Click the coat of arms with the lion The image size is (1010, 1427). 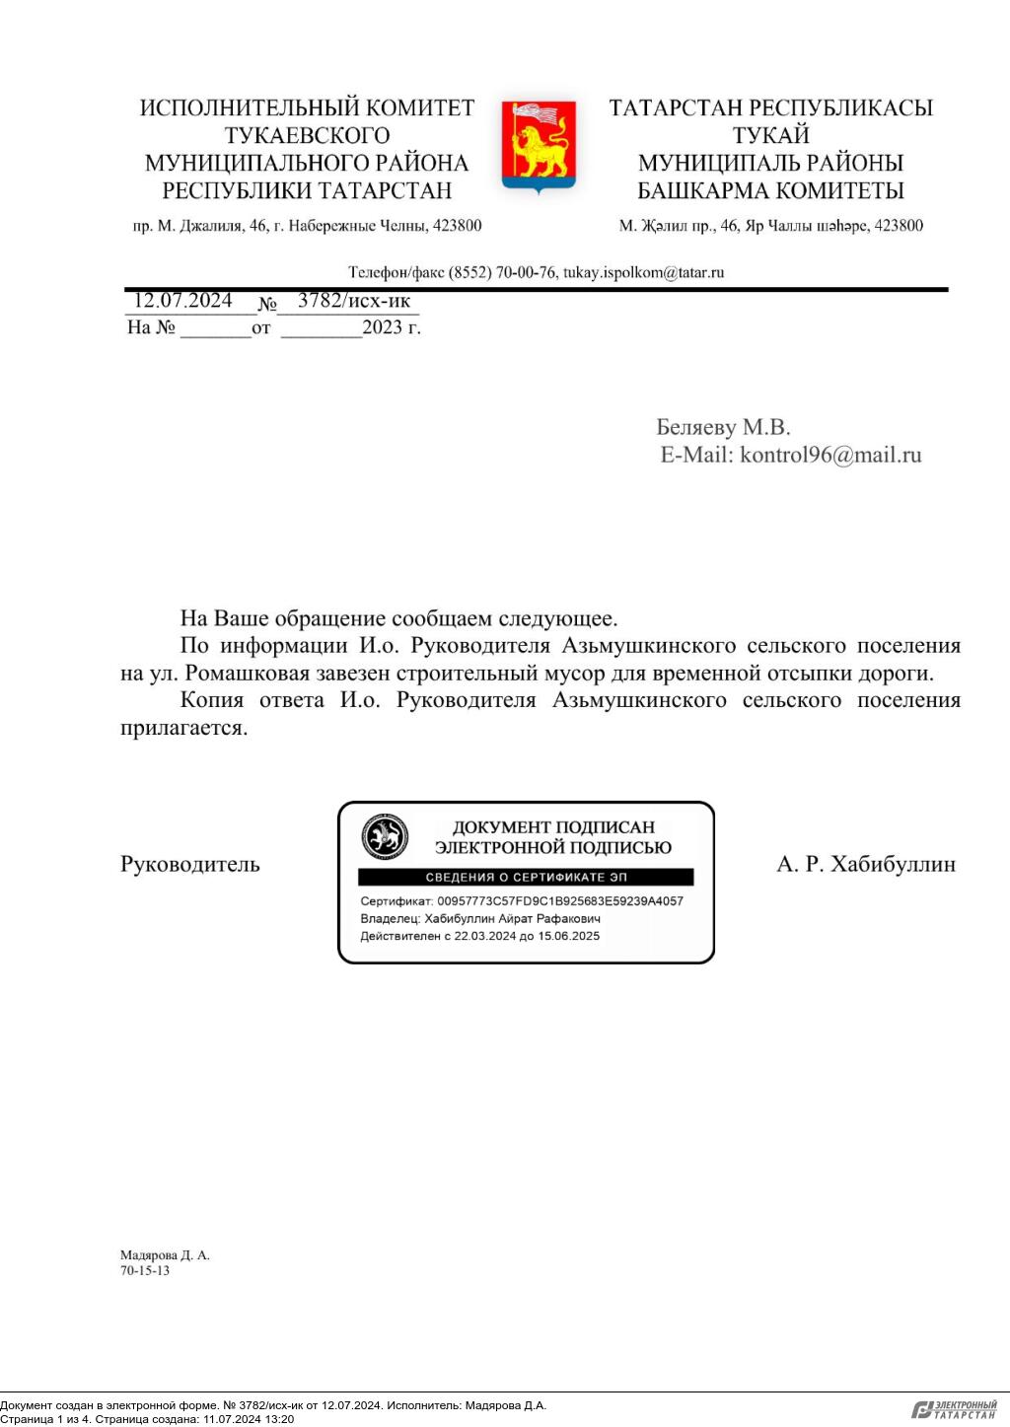click(x=539, y=146)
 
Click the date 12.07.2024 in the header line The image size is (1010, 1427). click(x=182, y=301)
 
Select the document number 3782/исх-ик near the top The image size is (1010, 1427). click(x=353, y=301)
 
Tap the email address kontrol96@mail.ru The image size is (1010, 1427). click(x=830, y=455)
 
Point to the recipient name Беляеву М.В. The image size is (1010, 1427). click(x=723, y=427)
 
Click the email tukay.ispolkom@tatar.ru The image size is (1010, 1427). click(x=643, y=272)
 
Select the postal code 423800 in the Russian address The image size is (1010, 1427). click(x=456, y=226)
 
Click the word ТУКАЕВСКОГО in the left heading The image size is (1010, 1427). click(x=307, y=135)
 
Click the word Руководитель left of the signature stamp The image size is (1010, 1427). click(x=190, y=865)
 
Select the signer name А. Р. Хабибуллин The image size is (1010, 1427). click(x=866, y=865)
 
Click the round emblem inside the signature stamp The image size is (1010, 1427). click(x=385, y=838)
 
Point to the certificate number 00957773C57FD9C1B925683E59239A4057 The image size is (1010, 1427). click(x=559, y=901)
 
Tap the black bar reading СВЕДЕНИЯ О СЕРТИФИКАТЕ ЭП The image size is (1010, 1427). click(x=526, y=878)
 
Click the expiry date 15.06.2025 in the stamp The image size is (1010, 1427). click(x=568, y=936)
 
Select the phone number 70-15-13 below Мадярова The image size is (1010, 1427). click(x=145, y=1271)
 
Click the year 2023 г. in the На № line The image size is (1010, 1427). click(x=391, y=328)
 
